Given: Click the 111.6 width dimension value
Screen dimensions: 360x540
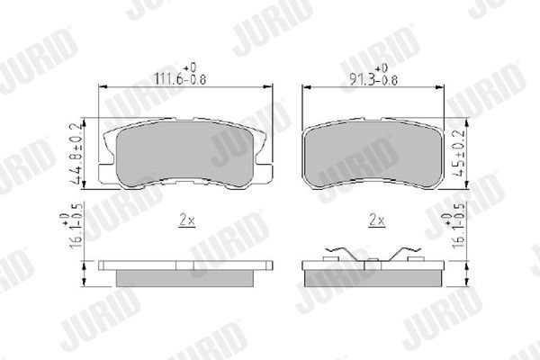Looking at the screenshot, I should coord(166,79).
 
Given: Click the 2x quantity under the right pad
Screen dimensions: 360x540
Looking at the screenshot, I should coord(376,220).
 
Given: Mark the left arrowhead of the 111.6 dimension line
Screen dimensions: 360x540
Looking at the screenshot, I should coord(101,86).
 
